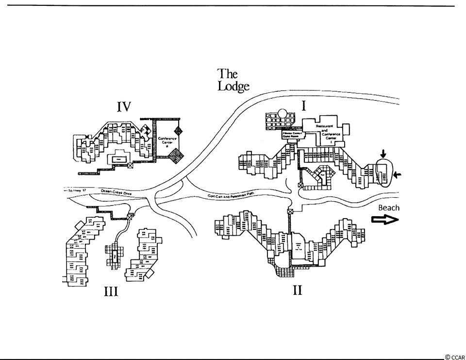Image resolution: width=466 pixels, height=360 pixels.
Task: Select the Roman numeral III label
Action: pyautogui.click(x=111, y=291)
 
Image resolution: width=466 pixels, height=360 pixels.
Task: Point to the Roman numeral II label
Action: pyautogui.click(x=297, y=291)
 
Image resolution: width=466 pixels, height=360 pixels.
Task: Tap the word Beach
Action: pyautogui.click(x=389, y=207)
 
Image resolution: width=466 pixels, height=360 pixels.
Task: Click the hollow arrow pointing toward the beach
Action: pyautogui.click(x=385, y=220)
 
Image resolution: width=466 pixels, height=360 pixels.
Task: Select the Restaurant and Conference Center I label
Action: pyautogui.click(x=328, y=131)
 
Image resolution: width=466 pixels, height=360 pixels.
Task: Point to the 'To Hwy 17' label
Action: pyautogui.click(x=76, y=190)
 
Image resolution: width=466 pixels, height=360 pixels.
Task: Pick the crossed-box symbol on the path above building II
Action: pyautogui.click(x=290, y=211)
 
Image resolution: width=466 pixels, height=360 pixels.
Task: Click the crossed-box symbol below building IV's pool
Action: pyautogui.click(x=130, y=165)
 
